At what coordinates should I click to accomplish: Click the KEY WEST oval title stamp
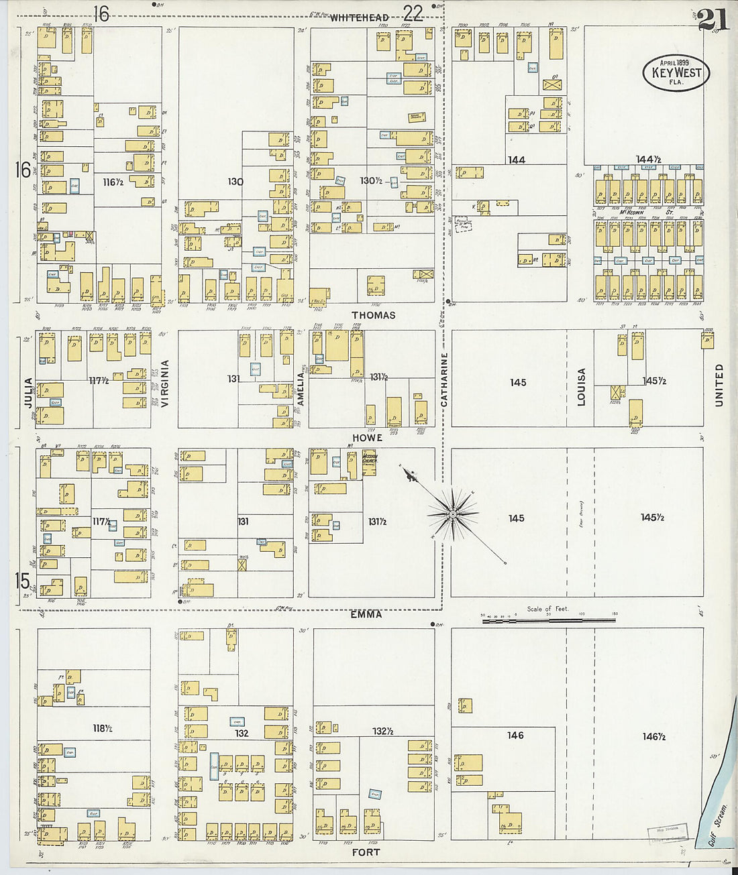click(x=676, y=72)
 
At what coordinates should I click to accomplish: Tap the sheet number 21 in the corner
click(x=712, y=19)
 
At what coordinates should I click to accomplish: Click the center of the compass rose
click(x=454, y=514)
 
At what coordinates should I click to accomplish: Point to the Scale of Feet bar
click(x=549, y=622)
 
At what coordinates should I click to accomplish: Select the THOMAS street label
click(x=373, y=315)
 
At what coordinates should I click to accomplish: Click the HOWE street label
click(x=367, y=438)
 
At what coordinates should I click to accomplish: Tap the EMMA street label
click(x=366, y=614)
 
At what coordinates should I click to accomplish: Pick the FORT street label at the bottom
click(x=366, y=852)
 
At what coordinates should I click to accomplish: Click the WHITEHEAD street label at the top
click(x=359, y=18)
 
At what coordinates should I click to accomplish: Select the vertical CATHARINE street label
click(x=443, y=380)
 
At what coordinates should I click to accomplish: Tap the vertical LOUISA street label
click(x=581, y=387)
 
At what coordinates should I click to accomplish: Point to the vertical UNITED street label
click(x=719, y=385)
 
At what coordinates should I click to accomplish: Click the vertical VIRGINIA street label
click(x=164, y=384)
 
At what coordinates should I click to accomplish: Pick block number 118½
click(x=102, y=727)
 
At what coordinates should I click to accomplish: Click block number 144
click(x=516, y=160)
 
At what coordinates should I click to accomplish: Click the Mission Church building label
click(x=370, y=460)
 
